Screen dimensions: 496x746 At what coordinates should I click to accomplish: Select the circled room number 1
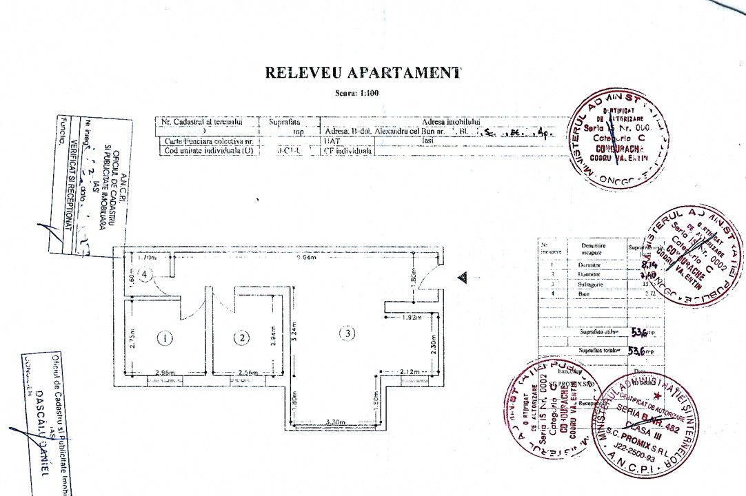coord(164,338)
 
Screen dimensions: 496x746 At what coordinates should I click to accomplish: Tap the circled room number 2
coord(241,338)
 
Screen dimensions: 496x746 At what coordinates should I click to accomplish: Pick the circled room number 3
coord(349,333)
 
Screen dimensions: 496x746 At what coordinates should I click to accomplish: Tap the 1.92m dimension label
coord(412,318)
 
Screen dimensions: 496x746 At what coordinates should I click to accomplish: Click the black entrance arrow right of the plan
coord(462,277)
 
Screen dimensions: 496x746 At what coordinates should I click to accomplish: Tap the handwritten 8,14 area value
coord(649,264)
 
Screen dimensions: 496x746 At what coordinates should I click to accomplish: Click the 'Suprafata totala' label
coord(600,351)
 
